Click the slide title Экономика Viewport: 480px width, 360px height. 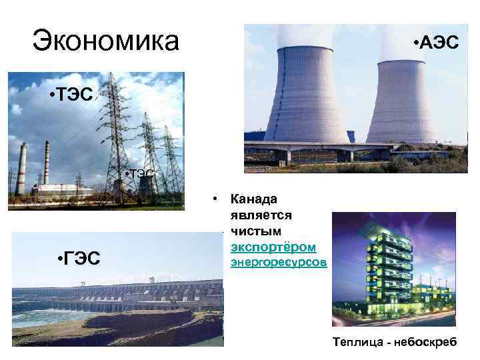106,41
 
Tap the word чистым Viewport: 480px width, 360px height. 255,231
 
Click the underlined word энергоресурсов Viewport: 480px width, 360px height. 279,263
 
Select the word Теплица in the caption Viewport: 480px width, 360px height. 359,342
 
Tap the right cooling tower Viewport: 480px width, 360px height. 401,103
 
